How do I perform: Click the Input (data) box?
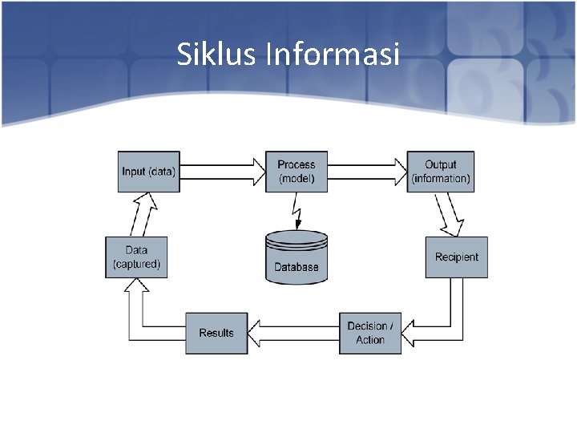pyautogui.click(x=148, y=171)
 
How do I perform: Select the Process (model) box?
pyautogui.click(x=297, y=171)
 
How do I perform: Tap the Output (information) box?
pyautogui.click(x=440, y=171)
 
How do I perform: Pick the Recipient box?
pyautogui.click(x=456, y=257)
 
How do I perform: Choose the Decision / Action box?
pyautogui.click(x=370, y=333)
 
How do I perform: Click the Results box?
pyautogui.click(x=216, y=333)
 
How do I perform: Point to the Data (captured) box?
pyautogui.click(x=136, y=257)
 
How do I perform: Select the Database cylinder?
pyautogui.click(x=297, y=257)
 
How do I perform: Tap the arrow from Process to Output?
pyautogui.click(x=368, y=171)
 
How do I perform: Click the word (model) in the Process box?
pyautogui.click(x=297, y=178)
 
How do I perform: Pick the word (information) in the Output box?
pyautogui.click(x=441, y=178)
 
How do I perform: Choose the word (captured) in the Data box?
pyautogui.click(x=136, y=265)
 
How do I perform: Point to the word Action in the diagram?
pyautogui.click(x=370, y=340)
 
